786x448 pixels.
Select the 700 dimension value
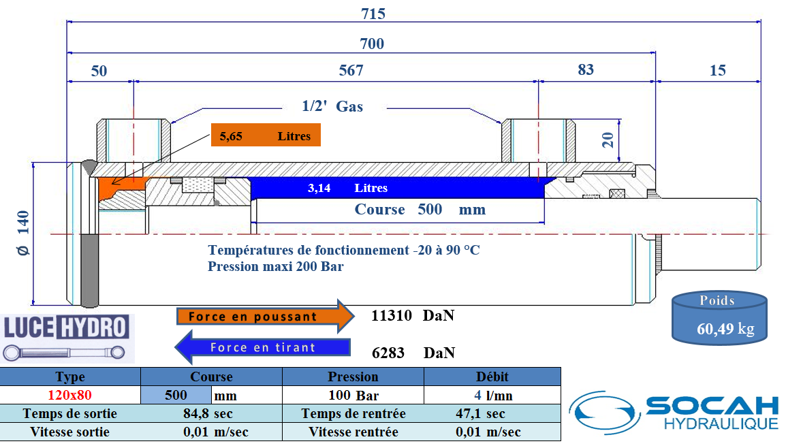coord(372,44)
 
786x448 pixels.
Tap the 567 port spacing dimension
coord(351,70)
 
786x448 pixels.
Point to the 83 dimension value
coord(585,69)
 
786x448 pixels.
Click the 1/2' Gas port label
coord(332,106)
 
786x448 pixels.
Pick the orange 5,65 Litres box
coord(265,136)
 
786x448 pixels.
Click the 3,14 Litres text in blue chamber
coord(347,188)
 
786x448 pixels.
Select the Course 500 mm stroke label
coord(420,209)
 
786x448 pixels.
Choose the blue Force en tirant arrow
coord(263,347)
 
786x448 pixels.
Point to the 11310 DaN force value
coord(412,316)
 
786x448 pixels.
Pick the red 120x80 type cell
coord(69,395)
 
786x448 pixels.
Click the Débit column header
coord(492,377)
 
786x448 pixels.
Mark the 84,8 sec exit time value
coord(208,413)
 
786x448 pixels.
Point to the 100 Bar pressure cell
coord(353,395)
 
